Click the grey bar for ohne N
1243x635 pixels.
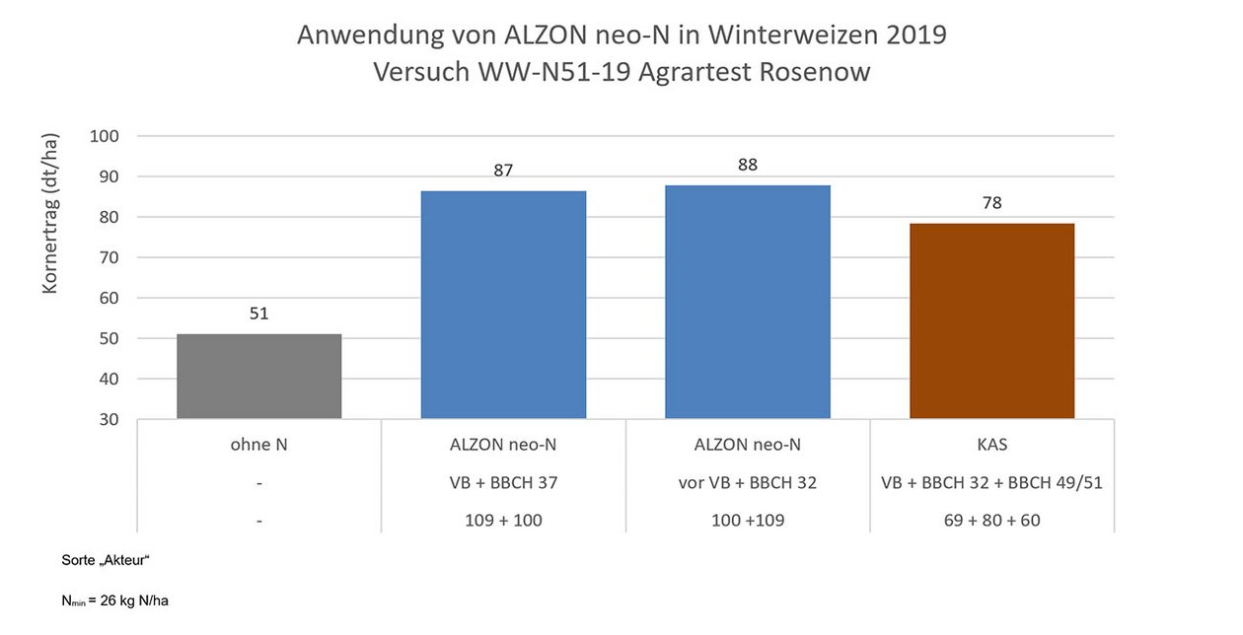(x=258, y=377)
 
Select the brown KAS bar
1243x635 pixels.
(x=991, y=321)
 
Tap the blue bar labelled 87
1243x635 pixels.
(x=503, y=305)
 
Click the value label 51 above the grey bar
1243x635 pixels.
(x=258, y=315)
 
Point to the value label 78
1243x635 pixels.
(x=991, y=203)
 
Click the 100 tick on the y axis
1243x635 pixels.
(x=104, y=136)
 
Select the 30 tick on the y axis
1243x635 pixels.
(x=109, y=419)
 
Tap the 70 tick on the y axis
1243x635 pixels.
(x=109, y=257)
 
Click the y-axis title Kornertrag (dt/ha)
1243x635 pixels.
(x=50, y=212)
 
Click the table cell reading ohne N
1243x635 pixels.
(x=258, y=445)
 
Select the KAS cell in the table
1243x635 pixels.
(x=991, y=445)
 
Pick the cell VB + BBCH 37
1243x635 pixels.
(x=503, y=483)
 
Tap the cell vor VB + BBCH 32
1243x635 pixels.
(x=747, y=483)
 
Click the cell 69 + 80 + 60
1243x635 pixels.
(x=991, y=520)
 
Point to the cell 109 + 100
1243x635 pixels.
(x=503, y=520)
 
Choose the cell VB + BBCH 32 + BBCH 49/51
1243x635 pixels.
(x=991, y=483)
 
